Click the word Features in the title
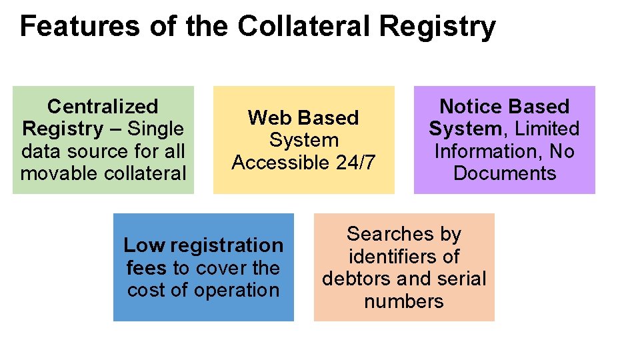[79, 27]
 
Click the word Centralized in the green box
[103, 106]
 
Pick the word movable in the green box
[60, 173]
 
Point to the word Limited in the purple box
[548, 129]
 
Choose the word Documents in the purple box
[504, 173]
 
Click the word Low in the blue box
[144, 245]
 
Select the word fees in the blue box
[147, 268]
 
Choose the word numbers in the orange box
[404, 301]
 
